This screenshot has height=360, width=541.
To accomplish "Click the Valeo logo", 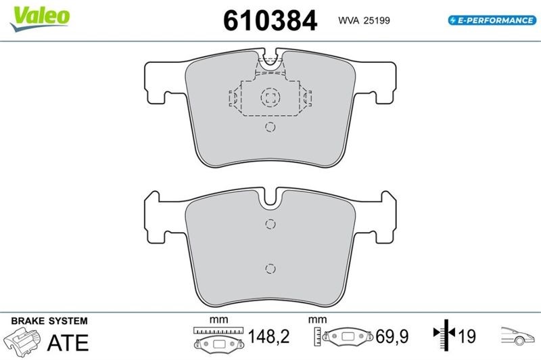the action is pos(40,19).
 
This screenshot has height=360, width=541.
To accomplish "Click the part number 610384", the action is pos(270,20).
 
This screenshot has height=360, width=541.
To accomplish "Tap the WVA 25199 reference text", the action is pos(364,20).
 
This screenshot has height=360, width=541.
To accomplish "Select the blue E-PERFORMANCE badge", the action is pos(492,20).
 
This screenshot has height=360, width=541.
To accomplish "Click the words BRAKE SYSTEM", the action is pos(49,321).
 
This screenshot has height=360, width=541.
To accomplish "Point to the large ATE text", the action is pos(68,342).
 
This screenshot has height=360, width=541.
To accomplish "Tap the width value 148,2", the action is pos(268,336).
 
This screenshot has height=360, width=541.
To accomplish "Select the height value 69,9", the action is pos(392,336).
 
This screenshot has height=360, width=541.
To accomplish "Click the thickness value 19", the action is pos(467,336).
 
